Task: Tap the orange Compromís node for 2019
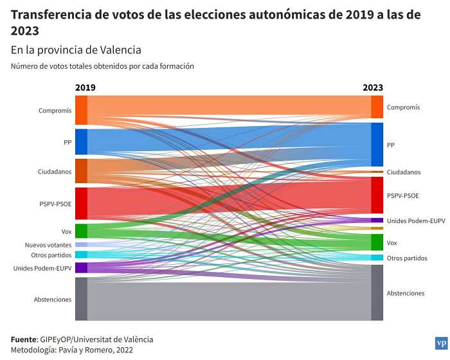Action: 81,110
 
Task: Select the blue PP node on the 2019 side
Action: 81,141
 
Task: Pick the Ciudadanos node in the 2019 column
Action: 81,171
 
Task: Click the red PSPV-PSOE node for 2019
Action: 81,203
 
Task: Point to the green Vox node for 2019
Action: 81,231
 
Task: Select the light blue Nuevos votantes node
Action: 81,245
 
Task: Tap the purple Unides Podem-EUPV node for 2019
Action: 81,267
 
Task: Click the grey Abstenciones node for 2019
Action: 81,299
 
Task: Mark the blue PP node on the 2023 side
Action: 377,145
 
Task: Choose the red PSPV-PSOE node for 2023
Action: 377,195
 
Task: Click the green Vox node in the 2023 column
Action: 377,242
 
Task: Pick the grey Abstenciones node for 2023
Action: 377,292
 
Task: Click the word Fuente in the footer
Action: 24,339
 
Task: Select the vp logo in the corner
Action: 440,343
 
